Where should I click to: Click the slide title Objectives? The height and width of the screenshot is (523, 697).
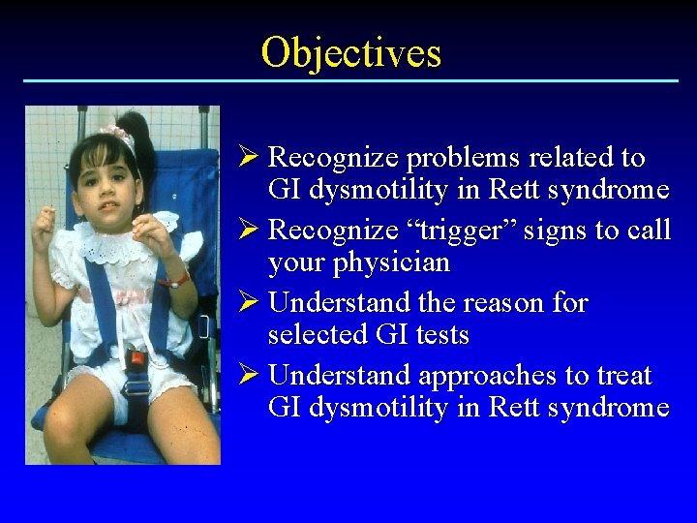350,52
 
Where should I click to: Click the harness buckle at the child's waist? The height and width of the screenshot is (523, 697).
136,360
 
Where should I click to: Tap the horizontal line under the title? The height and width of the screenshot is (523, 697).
350,80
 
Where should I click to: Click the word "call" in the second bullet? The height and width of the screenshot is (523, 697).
650,231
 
